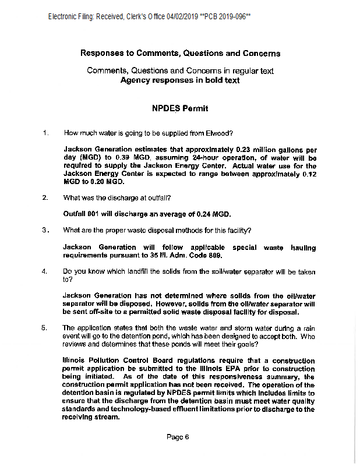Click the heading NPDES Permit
180,108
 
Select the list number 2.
45,197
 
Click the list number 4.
45,271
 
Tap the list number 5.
45,328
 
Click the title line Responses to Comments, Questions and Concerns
180,53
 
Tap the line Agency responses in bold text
179,80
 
